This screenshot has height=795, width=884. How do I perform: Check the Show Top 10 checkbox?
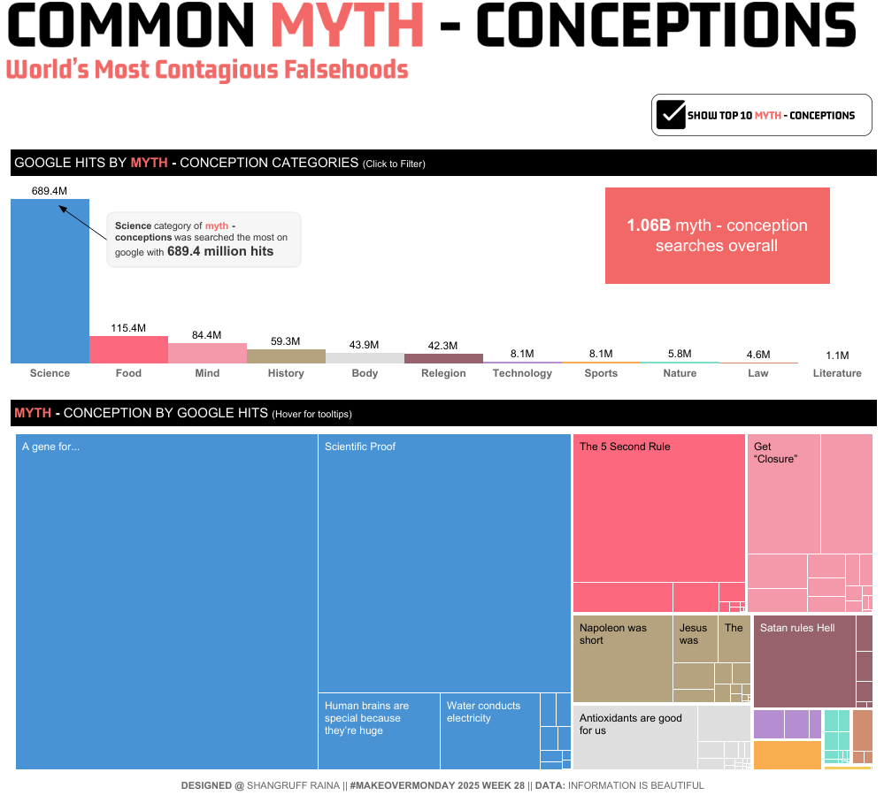(x=671, y=115)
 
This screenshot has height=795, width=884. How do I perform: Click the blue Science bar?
(x=50, y=283)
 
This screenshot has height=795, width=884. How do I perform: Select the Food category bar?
(x=128, y=350)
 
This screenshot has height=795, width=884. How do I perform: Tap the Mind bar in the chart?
(x=207, y=354)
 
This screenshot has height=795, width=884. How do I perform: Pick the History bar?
(x=286, y=356)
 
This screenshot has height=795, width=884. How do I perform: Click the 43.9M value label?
(x=364, y=344)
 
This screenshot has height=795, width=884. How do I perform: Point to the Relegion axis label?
(x=443, y=373)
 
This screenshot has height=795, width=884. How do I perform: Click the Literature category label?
(x=836, y=373)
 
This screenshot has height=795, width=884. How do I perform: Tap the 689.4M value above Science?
(x=50, y=191)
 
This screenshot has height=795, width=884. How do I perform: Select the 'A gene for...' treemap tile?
(x=166, y=601)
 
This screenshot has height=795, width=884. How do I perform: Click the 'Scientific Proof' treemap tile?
(x=444, y=562)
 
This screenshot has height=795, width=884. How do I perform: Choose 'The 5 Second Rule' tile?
(x=658, y=508)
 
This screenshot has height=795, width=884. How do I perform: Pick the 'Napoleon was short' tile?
(x=622, y=659)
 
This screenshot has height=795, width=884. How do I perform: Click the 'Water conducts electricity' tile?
(x=489, y=730)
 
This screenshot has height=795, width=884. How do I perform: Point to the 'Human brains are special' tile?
(x=379, y=730)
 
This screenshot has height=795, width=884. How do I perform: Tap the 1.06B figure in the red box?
(x=648, y=226)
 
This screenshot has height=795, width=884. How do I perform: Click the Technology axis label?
(x=522, y=373)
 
